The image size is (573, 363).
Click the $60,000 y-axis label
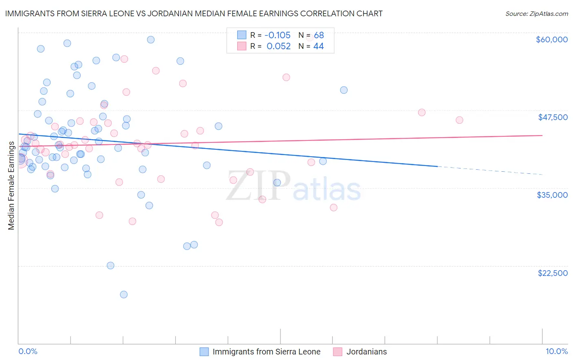(x=551, y=39)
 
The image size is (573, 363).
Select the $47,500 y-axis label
(x=553, y=117)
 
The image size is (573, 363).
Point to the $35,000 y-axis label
(x=552, y=195)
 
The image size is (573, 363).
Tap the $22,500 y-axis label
(x=553, y=273)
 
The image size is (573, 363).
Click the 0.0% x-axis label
(x=28, y=352)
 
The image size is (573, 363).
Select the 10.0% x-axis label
(x=556, y=352)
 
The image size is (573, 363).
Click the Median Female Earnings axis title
(x=11, y=186)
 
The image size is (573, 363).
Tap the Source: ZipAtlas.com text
(x=536, y=14)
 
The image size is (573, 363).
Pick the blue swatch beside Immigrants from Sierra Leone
(x=204, y=352)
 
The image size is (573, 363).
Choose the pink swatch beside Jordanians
(x=337, y=352)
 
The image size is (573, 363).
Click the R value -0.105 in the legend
(x=277, y=35)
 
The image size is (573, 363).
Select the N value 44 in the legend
(x=318, y=46)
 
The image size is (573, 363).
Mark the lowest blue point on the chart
(x=124, y=294)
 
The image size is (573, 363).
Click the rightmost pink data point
(x=459, y=120)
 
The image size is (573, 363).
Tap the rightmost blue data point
(x=344, y=90)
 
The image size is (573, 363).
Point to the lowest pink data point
(x=219, y=222)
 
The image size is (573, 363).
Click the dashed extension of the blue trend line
(x=489, y=171)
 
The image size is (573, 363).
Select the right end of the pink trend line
(x=542, y=135)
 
